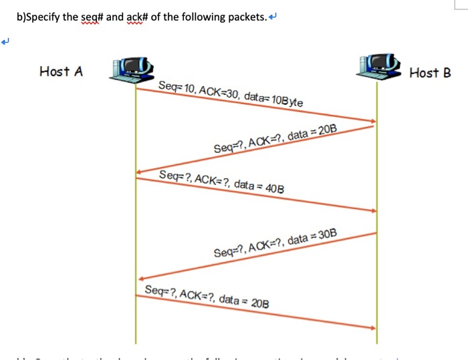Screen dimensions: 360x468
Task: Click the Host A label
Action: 62,71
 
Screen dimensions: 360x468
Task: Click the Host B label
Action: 430,72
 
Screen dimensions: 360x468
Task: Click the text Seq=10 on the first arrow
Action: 176,87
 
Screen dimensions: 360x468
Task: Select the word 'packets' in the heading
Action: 245,17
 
